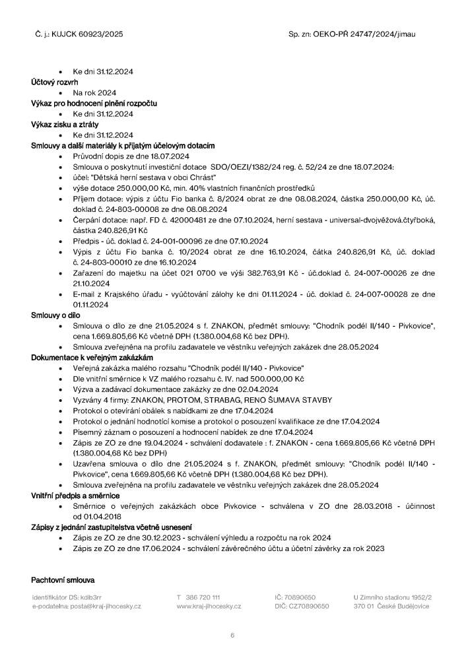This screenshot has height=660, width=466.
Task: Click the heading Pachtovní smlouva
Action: [63, 579]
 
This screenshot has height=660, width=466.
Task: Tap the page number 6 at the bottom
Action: [232, 635]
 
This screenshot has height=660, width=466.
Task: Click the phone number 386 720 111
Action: [203, 597]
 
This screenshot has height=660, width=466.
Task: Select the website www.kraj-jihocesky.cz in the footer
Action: [209, 606]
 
